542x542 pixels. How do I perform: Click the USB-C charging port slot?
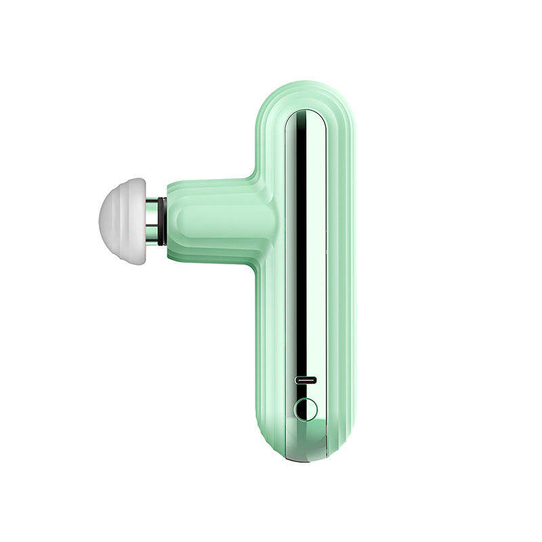pyautogui.click(x=306, y=381)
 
